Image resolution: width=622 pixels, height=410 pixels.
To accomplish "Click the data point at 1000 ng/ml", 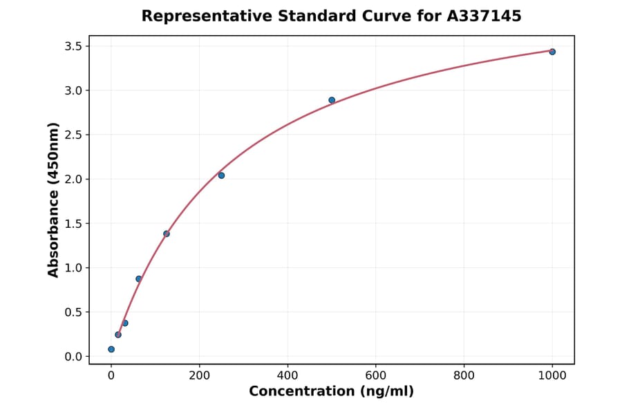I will pyautogui.click(x=552, y=52).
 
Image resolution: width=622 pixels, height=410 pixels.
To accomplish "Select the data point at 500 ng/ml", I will pyautogui.click(x=332, y=100).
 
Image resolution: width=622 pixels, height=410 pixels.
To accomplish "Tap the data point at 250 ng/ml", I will pyautogui.click(x=221, y=175).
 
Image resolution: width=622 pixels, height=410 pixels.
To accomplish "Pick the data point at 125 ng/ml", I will pyautogui.click(x=167, y=233).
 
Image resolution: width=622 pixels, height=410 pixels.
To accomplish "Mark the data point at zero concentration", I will pyautogui.click(x=111, y=349).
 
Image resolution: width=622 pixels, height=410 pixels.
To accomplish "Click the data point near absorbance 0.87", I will pyautogui.click(x=139, y=279).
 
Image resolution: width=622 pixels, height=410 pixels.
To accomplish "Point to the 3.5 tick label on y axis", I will pyautogui.click(x=73, y=46).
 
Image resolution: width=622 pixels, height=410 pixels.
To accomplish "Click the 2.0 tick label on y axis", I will pyautogui.click(x=73, y=179).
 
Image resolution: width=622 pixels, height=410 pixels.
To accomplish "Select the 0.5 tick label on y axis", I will pyautogui.click(x=73, y=312).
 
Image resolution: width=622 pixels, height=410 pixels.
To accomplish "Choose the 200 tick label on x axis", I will pyautogui.click(x=200, y=375).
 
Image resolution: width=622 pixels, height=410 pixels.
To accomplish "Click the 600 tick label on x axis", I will pyautogui.click(x=376, y=375).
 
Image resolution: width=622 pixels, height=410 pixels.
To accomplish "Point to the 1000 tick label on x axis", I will pyautogui.click(x=552, y=375).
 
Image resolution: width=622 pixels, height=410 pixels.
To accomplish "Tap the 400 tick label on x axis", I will pyautogui.click(x=288, y=375).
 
